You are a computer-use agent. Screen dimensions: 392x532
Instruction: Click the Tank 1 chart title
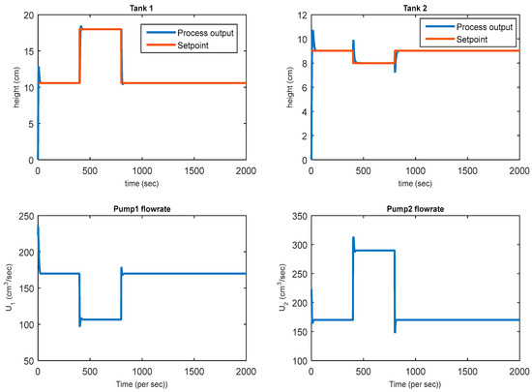142,8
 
